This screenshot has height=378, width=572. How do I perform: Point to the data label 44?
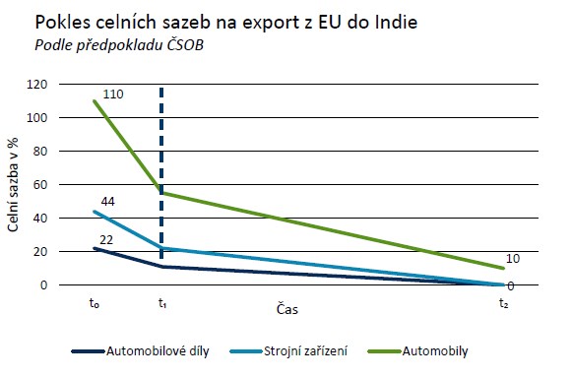click(108, 201)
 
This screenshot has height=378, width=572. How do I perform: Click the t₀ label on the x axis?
click(94, 305)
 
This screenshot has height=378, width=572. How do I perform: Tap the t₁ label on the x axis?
click(161, 305)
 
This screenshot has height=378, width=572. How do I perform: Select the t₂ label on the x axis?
click(503, 305)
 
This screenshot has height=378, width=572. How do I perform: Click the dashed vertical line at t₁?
click(161, 167)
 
